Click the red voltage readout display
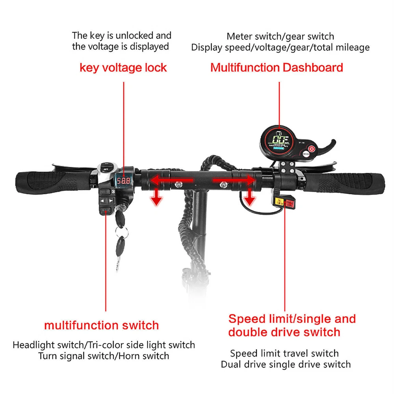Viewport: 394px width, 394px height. pyautogui.click(x=123, y=181)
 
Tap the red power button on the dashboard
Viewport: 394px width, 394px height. pyautogui.click(x=312, y=149)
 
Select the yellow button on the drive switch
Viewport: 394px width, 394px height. pyautogui.click(x=279, y=202)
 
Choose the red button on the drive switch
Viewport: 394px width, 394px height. pyautogui.click(x=290, y=203)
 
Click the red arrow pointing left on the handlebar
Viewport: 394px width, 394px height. pyautogui.click(x=172, y=180)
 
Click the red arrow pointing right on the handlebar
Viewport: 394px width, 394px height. pyautogui.click(x=234, y=180)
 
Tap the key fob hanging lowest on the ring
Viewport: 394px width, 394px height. pyautogui.click(x=120, y=247)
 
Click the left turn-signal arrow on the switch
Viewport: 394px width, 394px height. pyautogui.click(x=102, y=201)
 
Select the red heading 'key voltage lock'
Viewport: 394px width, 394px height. pyautogui.click(x=123, y=68)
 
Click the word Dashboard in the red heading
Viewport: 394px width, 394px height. pyautogui.click(x=313, y=67)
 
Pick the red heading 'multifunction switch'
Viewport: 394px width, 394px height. pyautogui.click(x=102, y=325)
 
